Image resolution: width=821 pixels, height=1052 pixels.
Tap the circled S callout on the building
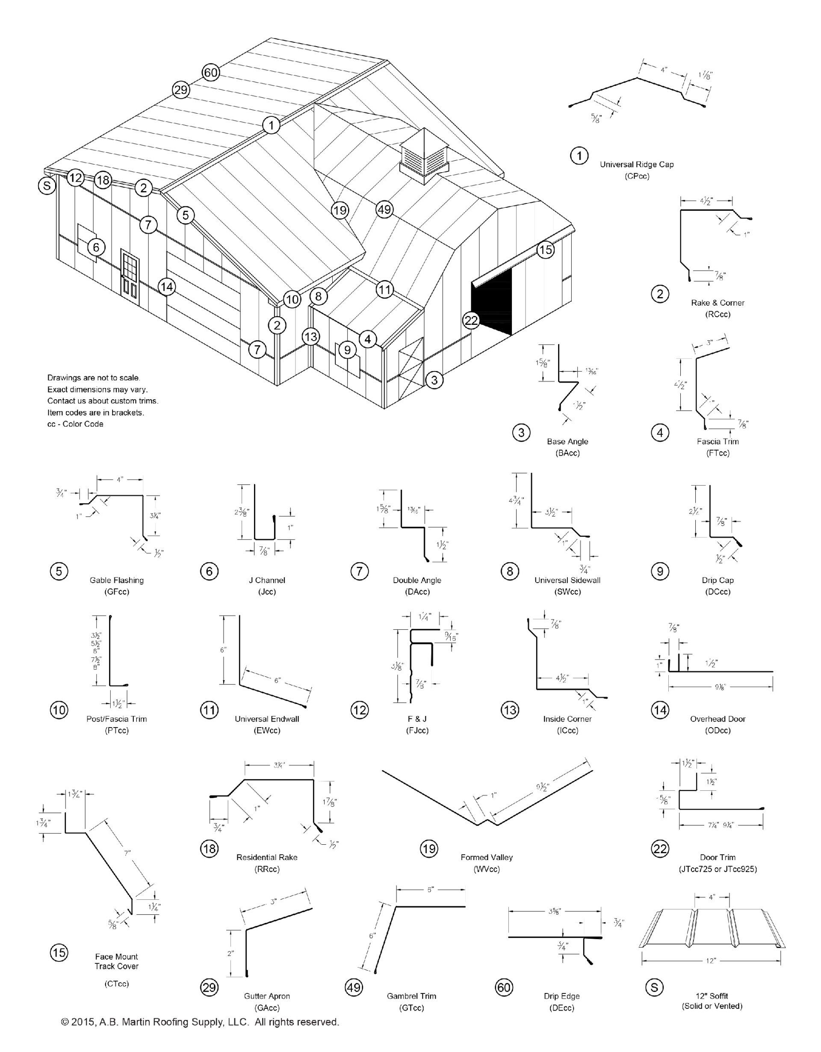47,186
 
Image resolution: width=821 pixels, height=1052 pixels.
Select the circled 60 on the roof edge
210,73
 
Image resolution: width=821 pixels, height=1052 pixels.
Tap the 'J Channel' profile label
267,580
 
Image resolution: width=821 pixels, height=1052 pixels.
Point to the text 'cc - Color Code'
75,424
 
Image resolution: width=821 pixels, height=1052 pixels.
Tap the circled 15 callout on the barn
545,250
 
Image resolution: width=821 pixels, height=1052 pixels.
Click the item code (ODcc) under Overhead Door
718,730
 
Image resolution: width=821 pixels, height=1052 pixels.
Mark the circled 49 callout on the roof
384,209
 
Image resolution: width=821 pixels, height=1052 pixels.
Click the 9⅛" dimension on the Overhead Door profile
721,687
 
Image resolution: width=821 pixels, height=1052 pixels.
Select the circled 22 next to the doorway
471,320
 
